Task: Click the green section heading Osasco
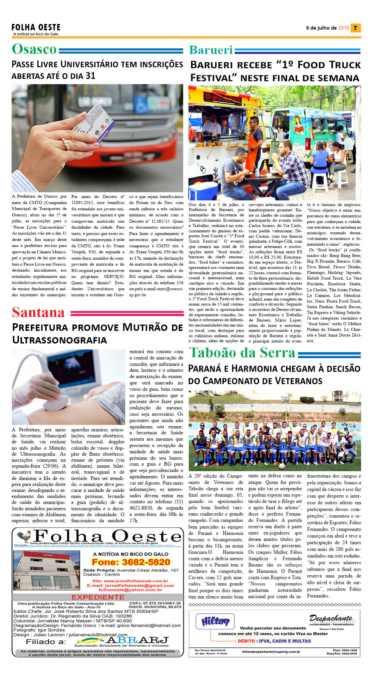(x=34, y=49)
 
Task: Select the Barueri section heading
(x=211, y=50)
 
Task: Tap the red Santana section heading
(x=38, y=313)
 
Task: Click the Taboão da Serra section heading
(x=242, y=353)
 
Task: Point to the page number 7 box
(x=356, y=28)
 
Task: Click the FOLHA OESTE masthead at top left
(x=36, y=28)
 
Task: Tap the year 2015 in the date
(x=343, y=28)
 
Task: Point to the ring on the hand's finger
(x=66, y=144)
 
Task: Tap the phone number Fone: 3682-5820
(x=131, y=562)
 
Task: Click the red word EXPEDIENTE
(x=98, y=597)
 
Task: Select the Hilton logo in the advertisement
(x=215, y=621)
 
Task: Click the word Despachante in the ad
(x=330, y=618)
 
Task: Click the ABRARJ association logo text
(x=137, y=640)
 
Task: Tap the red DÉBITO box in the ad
(x=246, y=641)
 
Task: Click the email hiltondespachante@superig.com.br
(x=271, y=652)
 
